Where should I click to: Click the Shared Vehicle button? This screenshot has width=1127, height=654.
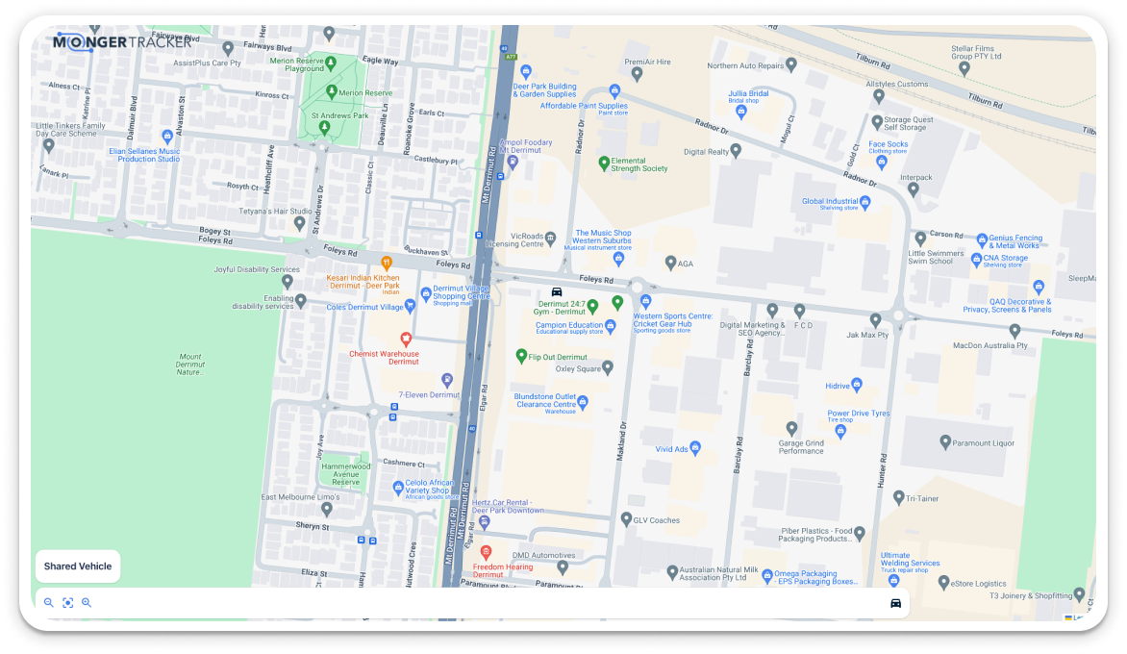pos(78,566)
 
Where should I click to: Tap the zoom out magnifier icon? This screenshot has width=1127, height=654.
pos(49,603)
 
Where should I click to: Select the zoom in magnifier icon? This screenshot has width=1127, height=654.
pos(87,603)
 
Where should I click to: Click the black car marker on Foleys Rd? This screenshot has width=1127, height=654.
pos(556,291)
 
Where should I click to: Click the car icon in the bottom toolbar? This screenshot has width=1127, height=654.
pos(895,603)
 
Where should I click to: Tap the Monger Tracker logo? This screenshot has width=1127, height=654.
pos(122,41)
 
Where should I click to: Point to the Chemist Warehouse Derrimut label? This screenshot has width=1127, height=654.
pos(384,358)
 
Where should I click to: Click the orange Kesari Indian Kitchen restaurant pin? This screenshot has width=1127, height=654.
pos(387,262)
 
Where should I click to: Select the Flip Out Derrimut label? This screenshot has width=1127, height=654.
pos(558,357)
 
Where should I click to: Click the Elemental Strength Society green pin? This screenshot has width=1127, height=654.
pos(604,163)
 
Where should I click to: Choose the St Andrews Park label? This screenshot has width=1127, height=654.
pos(340,116)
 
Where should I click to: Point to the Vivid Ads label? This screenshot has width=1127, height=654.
pos(671,449)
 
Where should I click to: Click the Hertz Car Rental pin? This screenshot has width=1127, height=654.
pos(484,521)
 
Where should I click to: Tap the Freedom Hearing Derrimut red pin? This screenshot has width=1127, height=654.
pos(486,552)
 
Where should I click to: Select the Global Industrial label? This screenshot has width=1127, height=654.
pos(830,202)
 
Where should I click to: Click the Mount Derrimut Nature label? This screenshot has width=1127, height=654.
pos(189,364)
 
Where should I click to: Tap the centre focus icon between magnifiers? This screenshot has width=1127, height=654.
pos(67,603)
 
